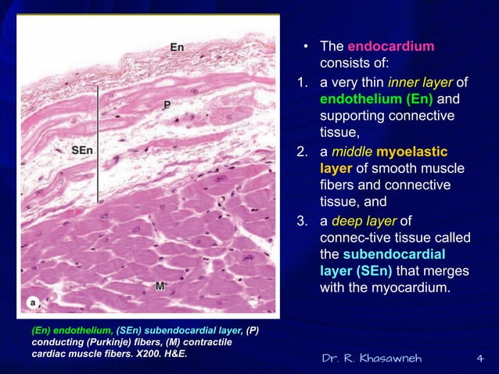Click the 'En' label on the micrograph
(x=178, y=48)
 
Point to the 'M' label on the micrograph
(x=160, y=286)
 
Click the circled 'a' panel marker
(x=34, y=301)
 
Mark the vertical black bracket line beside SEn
(x=97, y=144)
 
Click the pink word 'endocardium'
(x=390, y=47)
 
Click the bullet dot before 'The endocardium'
(x=307, y=48)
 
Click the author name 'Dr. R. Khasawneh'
(x=372, y=358)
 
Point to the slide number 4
(x=479, y=358)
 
